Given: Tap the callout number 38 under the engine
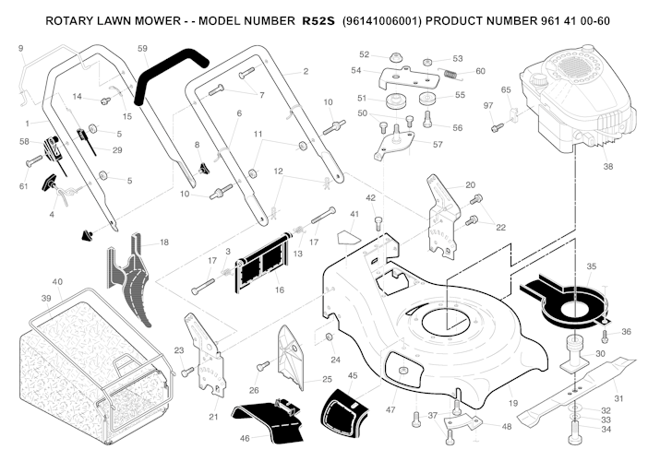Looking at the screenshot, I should point(607,167).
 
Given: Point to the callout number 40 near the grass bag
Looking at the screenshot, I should point(57,281).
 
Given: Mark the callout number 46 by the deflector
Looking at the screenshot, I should point(245,438).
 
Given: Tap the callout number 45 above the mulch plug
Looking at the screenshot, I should point(353,375).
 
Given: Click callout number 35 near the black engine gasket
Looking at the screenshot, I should point(591,266).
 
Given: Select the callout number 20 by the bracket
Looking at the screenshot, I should point(470,185).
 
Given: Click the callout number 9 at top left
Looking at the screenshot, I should point(21,47).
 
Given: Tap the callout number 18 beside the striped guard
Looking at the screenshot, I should point(164,242).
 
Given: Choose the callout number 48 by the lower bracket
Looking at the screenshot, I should point(506,426).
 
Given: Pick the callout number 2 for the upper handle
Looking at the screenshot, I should point(306,71).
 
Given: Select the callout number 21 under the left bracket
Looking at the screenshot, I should point(213,417).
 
